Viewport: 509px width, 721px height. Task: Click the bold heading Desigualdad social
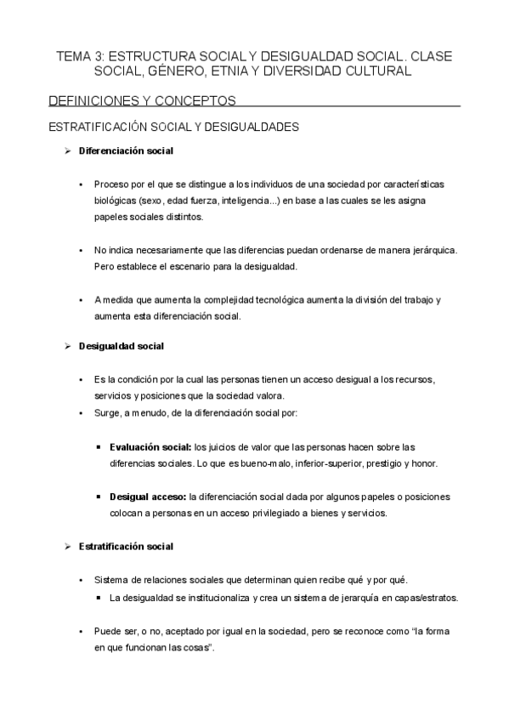point(121,346)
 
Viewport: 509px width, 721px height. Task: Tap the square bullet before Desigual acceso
point(100,497)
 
